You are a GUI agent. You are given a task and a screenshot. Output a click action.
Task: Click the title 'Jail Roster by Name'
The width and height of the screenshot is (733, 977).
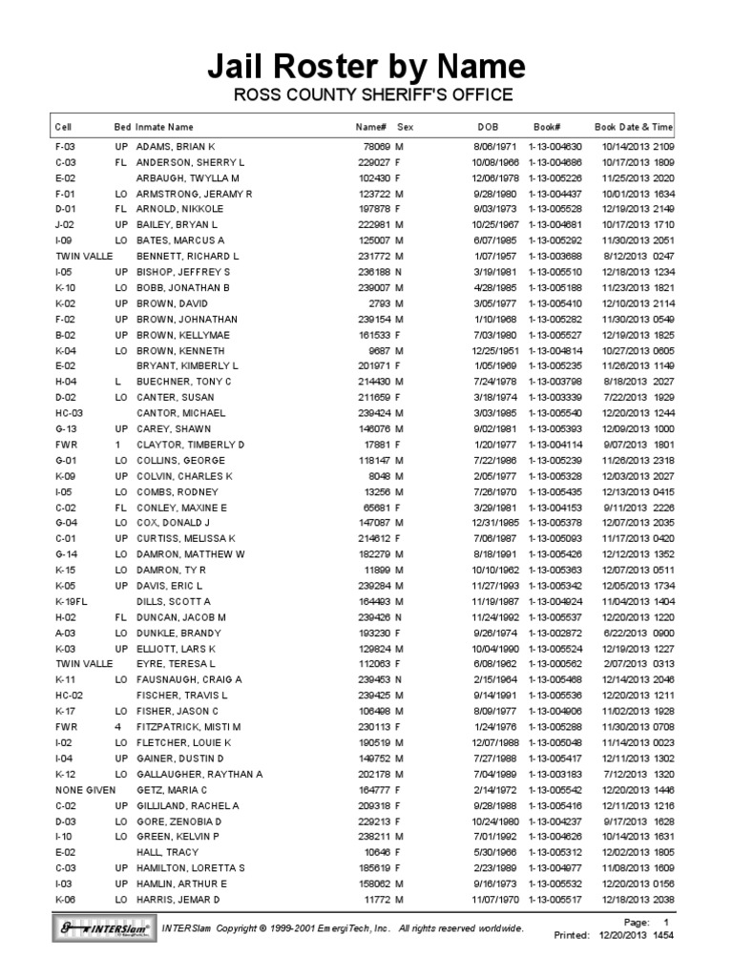[366, 66]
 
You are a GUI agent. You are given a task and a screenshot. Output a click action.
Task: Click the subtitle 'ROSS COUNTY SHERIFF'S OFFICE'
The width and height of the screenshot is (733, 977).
[366, 95]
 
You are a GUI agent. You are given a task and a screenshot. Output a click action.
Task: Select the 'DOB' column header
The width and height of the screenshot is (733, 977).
[488, 126]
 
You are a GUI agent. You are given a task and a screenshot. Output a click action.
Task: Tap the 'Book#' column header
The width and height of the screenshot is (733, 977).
[547, 126]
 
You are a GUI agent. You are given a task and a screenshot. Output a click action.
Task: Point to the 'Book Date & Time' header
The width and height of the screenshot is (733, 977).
[634, 126]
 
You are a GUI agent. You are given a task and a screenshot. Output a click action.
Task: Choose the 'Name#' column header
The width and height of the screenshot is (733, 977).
[370, 126]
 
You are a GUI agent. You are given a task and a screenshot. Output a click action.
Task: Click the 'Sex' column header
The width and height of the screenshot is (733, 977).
[405, 126]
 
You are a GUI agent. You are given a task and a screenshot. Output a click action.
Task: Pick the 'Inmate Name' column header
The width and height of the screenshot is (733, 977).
[164, 126]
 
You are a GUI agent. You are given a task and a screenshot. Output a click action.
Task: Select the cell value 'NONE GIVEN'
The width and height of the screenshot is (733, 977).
[85, 790]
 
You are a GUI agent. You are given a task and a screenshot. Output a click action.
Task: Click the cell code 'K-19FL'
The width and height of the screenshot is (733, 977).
[71, 602]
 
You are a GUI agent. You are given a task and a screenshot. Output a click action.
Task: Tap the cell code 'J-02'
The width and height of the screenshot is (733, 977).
[65, 225]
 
